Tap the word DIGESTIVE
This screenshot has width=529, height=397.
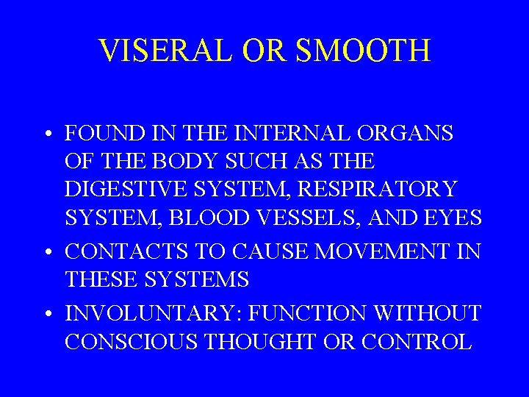click(127, 189)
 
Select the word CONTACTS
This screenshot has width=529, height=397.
click(120, 252)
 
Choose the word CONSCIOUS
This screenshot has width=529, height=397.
click(130, 342)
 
